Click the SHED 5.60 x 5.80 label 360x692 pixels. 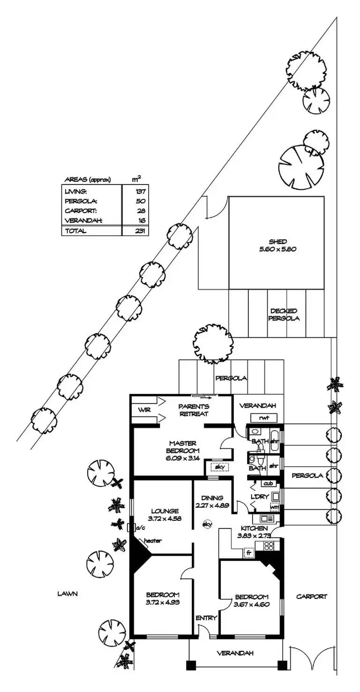point(276,246)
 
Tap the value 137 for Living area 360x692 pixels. point(141,191)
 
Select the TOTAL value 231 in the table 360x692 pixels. point(141,231)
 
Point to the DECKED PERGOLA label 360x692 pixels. point(284,314)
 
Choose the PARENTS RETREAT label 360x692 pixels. point(194,410)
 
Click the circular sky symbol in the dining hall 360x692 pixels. point(206,525)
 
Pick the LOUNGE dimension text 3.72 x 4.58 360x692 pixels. point(164,518)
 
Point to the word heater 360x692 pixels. point(153,541)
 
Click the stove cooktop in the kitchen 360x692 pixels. point(269,545)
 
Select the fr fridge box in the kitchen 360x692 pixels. point(248,553)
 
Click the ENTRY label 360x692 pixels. point(206,618)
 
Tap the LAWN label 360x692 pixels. point(67,593)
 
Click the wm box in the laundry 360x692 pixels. point(275,507)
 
